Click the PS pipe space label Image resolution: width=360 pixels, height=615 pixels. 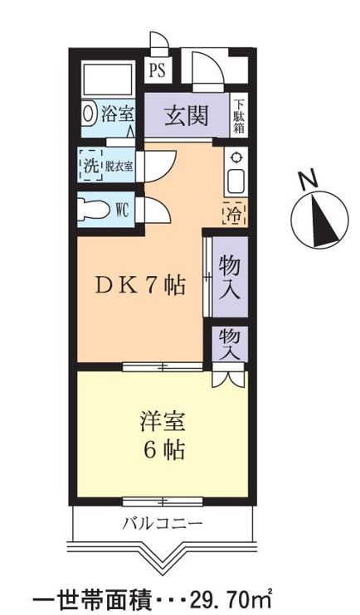[158, 72]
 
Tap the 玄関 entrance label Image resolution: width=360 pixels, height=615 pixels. [186, 116]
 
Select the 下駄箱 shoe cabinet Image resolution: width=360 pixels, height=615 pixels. [238, 115]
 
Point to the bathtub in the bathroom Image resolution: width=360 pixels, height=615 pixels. [109, 79]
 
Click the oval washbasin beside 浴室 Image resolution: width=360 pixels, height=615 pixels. [90, 114]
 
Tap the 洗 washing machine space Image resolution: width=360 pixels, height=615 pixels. [90, 165]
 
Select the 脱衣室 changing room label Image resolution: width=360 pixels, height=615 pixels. [119, 167]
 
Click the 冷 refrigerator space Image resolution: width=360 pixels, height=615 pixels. [235, 212]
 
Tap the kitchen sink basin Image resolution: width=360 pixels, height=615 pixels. [236, 181]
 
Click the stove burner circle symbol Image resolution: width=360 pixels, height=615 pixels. [236, 157]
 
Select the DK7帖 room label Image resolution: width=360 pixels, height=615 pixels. [140, 285]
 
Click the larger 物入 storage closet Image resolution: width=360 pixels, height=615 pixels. [230, 276]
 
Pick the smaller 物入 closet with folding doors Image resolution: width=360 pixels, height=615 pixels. [230, 344]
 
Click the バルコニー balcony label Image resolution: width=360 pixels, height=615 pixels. [163, 523]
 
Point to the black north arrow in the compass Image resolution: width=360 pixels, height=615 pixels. [324, 220]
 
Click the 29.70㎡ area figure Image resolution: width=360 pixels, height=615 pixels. [231, 600]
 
